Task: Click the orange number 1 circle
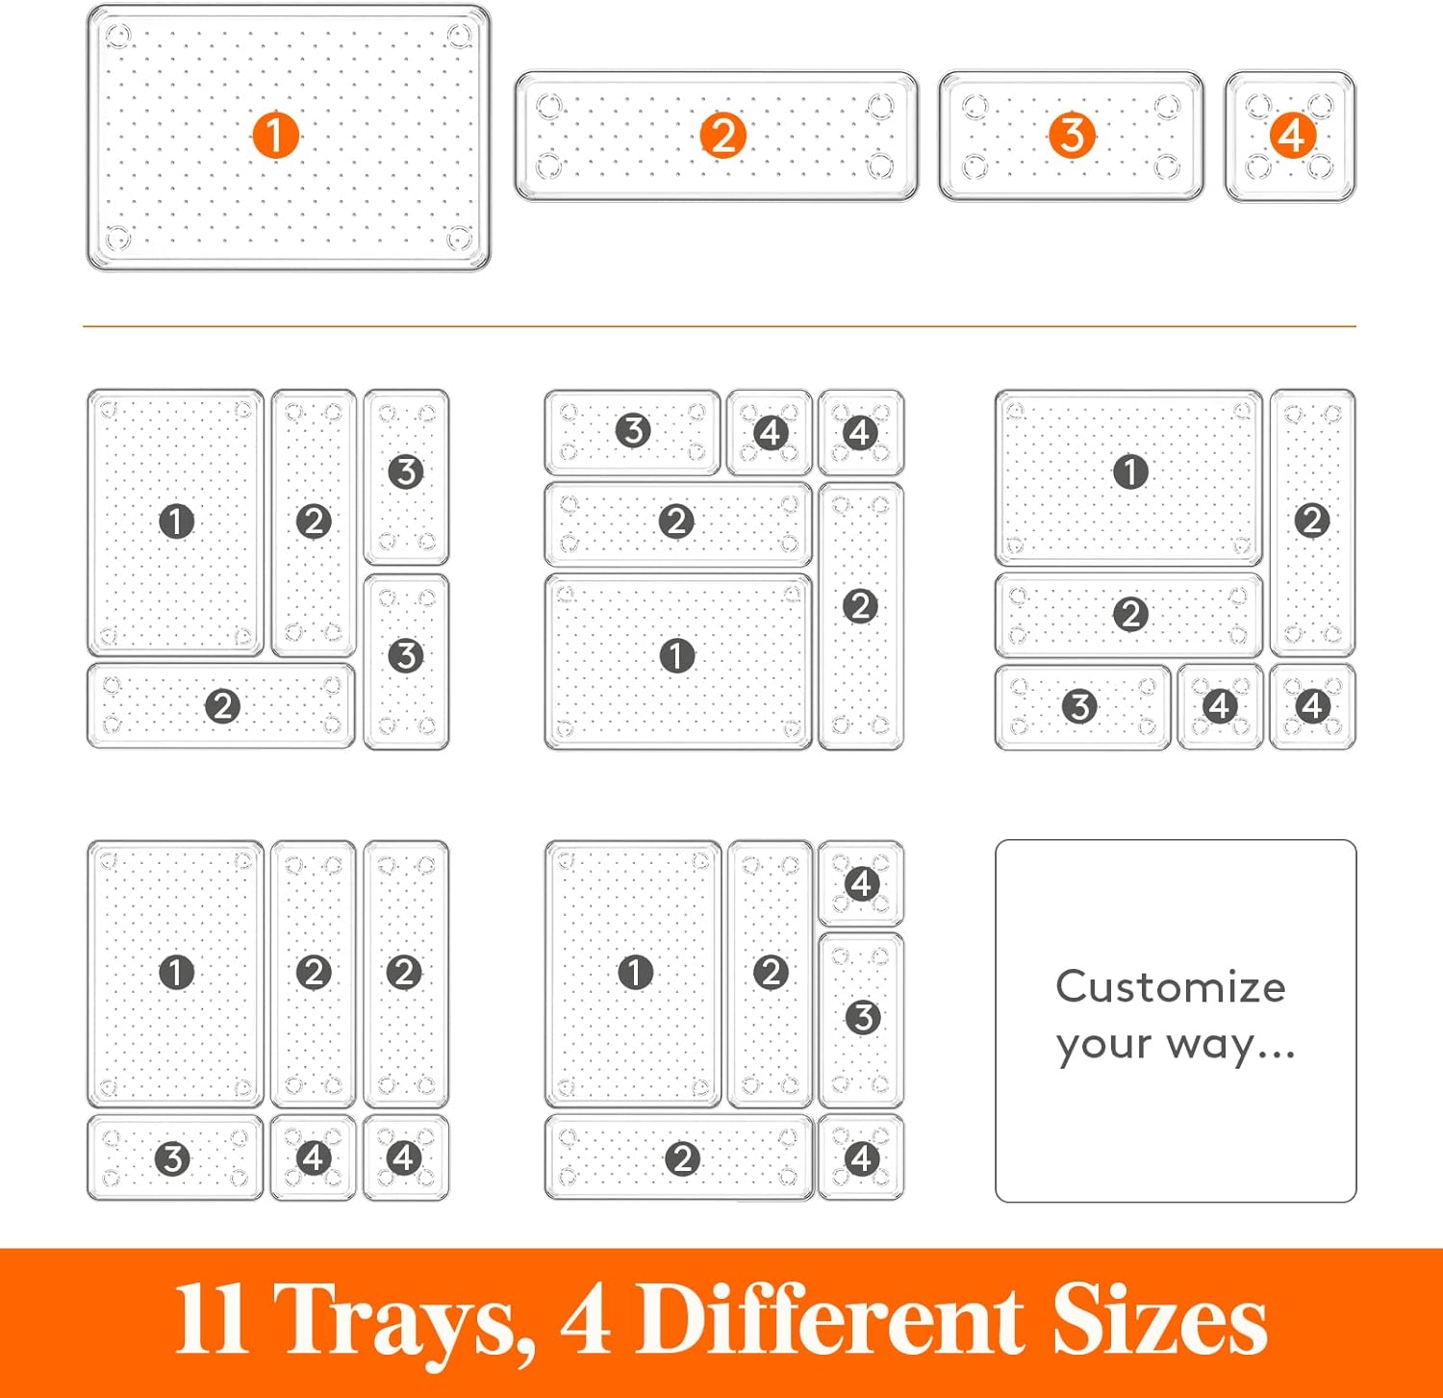click(275, 136)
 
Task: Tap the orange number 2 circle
click(723, 136)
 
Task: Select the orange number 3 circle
click(1072, 136)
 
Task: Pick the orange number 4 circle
click(1292, 136)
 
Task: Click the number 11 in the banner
click(212, 1319)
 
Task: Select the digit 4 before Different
click(586, 1319)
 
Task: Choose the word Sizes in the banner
click(1159, 1319)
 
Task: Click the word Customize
click(1171, 987)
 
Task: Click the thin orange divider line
click(720, 327)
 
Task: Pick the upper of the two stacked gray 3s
click(406, 471)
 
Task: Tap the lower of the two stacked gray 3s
click(406, 656)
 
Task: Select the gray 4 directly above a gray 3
click(862, 883)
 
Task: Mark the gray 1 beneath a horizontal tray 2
click(677, 656)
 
